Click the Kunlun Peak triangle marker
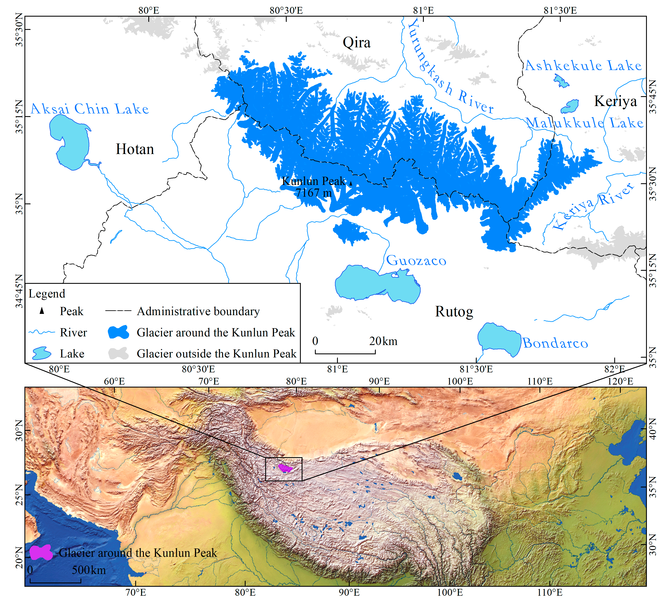coord(351,183)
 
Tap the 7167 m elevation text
coord(313,193)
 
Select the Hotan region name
coord(135,149)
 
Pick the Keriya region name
coord(615,101)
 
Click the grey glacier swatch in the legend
coord(118,353)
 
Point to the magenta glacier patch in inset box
coord(284,468)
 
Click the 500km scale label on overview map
coord(89,570)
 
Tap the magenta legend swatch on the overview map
coord(41,553)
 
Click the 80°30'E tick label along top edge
coord(286,10)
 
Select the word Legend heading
coord(47,294)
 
